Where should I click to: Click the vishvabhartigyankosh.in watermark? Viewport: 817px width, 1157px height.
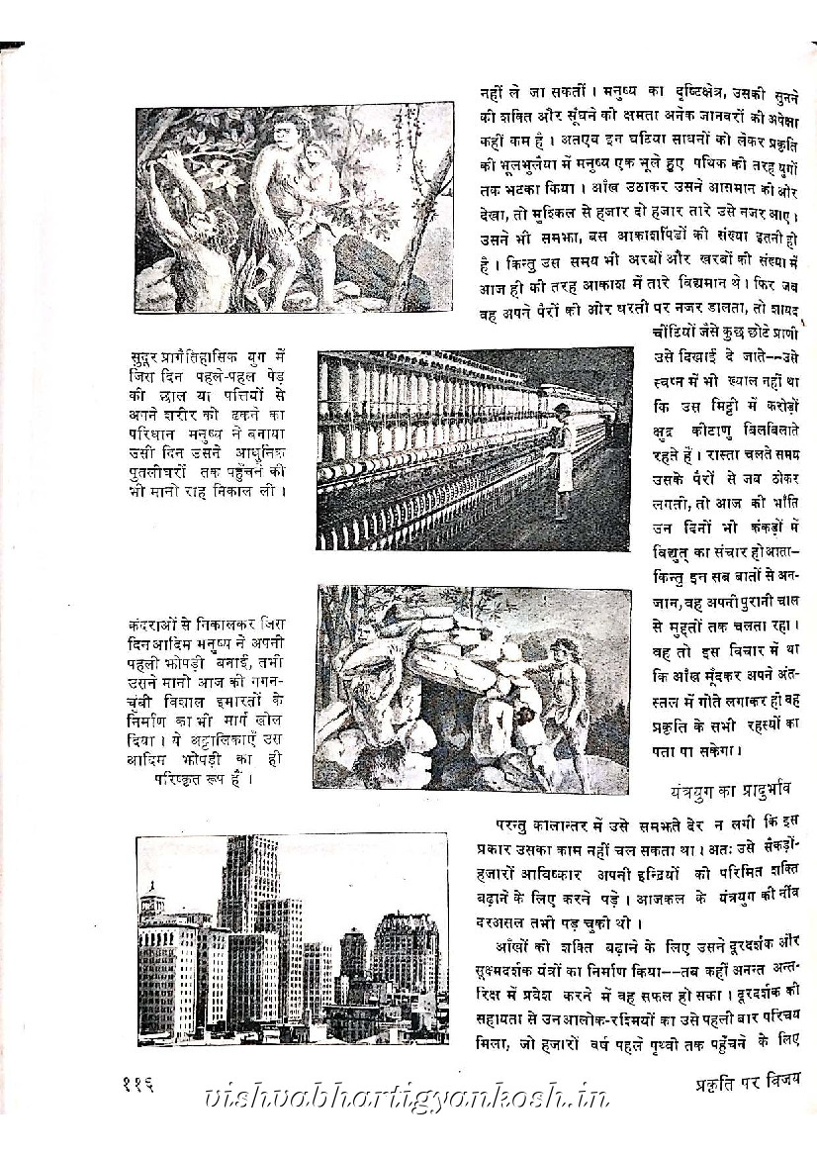405,1096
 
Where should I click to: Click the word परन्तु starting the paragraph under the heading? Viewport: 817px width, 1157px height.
519,823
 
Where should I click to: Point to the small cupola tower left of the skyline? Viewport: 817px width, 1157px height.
150,904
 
